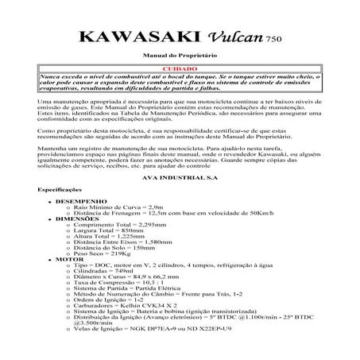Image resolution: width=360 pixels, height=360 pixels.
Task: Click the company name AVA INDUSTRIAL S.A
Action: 180,178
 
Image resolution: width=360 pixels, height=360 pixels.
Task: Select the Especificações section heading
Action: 59,191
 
